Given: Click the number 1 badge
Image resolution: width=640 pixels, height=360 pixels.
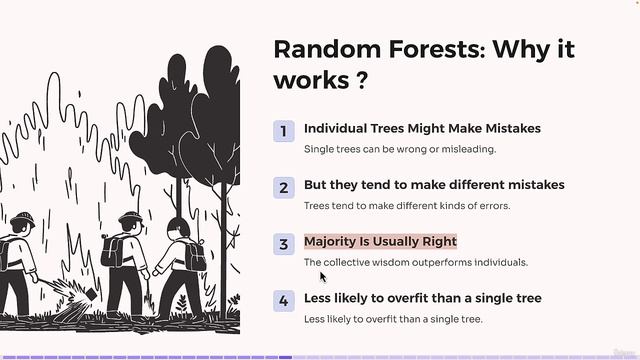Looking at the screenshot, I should pos(284,130).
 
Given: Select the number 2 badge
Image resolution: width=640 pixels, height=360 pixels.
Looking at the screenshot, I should pos(284,187).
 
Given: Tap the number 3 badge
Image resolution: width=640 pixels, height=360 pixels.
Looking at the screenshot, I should pos(284,243).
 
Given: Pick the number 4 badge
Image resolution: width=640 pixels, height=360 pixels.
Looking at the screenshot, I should pos(284,300).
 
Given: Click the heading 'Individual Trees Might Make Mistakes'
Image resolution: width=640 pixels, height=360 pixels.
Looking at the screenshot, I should pos(422,129).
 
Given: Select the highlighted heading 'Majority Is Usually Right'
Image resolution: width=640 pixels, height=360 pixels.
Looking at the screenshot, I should pos(380,242).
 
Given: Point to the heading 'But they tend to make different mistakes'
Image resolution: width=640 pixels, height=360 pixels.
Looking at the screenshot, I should pos(434,185).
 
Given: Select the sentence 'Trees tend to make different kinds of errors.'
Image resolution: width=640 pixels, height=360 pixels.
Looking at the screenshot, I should pos(406,206).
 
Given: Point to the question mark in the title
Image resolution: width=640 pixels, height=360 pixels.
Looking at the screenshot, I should pos(359,82).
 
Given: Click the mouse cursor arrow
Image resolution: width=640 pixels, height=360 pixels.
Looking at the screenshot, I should pos(323,276).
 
